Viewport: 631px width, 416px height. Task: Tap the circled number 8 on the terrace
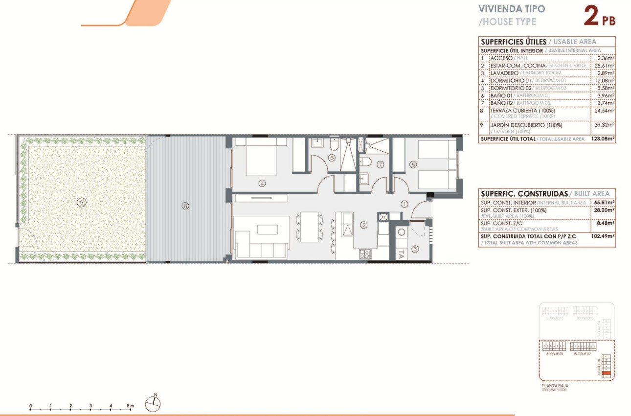point(185,206)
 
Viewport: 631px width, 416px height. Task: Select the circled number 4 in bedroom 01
point(262,184)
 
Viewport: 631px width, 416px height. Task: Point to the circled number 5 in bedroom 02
point(413,165)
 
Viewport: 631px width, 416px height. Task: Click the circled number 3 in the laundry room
point(415,249)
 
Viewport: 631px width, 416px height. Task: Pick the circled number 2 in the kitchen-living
point(363,225)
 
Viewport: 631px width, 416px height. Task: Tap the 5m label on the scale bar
point(130,406)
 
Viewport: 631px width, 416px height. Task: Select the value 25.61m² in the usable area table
point(605,65)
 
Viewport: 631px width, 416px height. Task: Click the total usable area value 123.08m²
point(604,139)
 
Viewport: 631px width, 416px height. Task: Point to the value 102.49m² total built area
point(604,235)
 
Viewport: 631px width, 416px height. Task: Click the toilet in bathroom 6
point(334,145)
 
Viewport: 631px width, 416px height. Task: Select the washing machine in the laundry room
point(402,232)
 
